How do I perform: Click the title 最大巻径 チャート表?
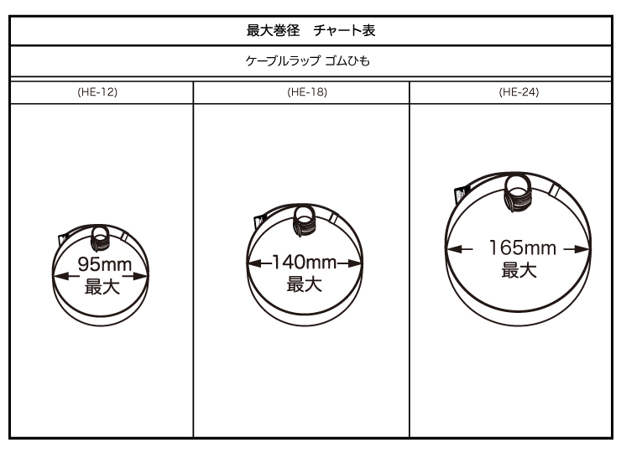point(310,30)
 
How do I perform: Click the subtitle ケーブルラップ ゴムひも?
point(308,61)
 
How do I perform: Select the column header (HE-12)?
point(97,92)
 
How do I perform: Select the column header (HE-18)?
point(307,92)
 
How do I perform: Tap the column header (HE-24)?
point(519,92)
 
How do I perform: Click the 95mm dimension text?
point(105,264)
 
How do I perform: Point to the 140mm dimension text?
point(305,262)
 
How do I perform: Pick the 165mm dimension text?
point(522,247)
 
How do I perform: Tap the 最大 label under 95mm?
point(102,287)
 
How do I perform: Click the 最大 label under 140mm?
point(304,284)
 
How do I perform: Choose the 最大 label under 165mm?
point(519,270)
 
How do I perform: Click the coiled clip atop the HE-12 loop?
point(100,238)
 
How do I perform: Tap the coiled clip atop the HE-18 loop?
point(304,221)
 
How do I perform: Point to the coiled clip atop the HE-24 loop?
point(518,194)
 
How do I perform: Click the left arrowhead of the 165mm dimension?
point(454,249)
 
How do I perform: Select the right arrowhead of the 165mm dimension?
point(582,249)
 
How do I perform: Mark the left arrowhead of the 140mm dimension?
point(254,263)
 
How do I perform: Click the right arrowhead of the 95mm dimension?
point(141,276)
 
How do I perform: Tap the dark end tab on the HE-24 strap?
point(460,195)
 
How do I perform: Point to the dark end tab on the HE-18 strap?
point(259,221)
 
